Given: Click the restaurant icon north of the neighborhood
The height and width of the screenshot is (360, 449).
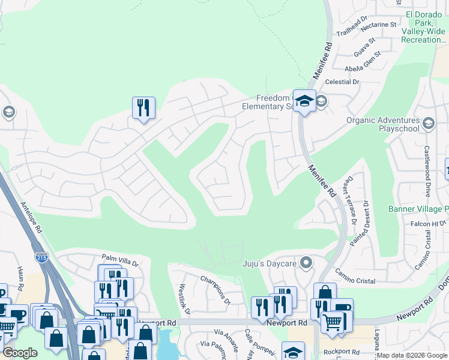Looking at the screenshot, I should pyautogui.click(x=143, y=108).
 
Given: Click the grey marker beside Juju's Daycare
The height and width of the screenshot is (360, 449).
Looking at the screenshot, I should pyautogui.click(x=307, y=263).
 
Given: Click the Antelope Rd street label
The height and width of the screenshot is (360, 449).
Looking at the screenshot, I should pyautogui.click(x=31, y=217).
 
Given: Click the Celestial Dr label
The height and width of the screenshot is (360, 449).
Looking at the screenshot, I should pyautogui.click(x=342, y=82).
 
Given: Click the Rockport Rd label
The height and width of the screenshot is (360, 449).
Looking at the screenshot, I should pyautogui.click(x=341, y=352).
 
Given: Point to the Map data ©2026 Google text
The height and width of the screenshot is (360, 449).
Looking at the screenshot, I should pyautogui.click(x=411, y=355).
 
